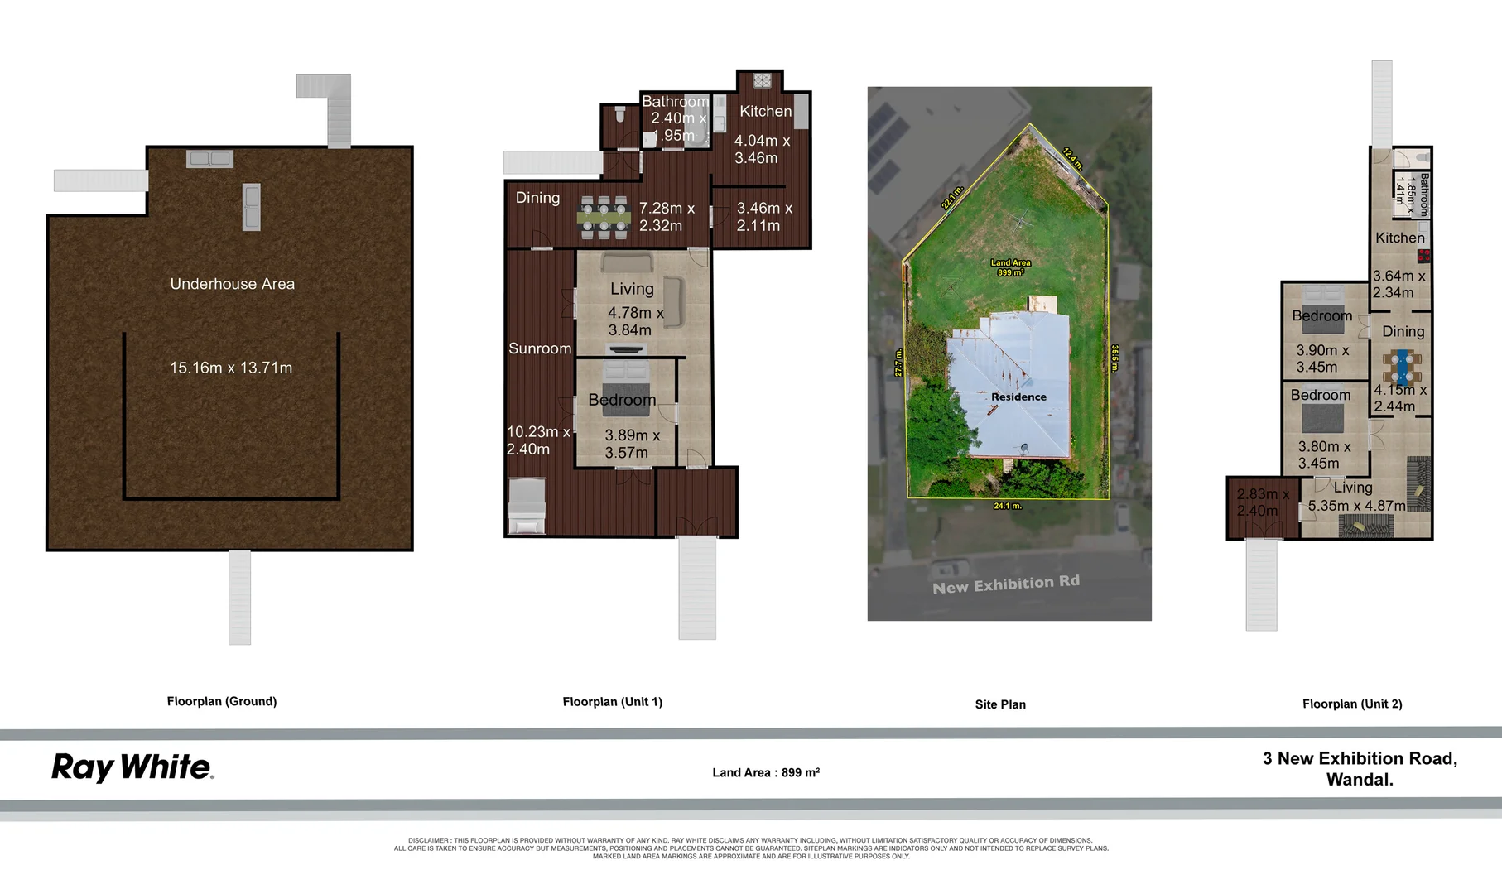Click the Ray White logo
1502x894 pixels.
[x=132, y=767]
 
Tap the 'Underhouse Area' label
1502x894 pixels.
[x=232, y=284]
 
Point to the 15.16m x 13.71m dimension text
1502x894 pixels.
[x=231, y=368]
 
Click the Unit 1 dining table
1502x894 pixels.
[x=604, y=218]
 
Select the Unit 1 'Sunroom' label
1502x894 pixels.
[x=540, y=348]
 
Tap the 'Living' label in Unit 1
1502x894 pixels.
[x=632, y=289]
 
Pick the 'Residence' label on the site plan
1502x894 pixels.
[x=1018, y=397]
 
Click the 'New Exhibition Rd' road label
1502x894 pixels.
[x=1006, y=584]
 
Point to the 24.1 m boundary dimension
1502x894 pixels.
[x=1008, y=506]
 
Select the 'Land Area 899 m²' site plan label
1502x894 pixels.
[x=1010, y=267]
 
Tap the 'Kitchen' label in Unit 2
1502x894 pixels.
[x=1400, y=238]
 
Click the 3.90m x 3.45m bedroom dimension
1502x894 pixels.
[x=1322, y=358]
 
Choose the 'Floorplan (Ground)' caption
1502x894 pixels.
[x=222, y=701]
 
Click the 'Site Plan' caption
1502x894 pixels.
[x=1000, y=704]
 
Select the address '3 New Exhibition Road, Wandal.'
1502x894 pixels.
[x=1360, y=769]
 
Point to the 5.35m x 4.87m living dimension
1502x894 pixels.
[x=1356, y=506]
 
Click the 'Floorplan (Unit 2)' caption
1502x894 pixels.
[x=1352, y=704]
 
